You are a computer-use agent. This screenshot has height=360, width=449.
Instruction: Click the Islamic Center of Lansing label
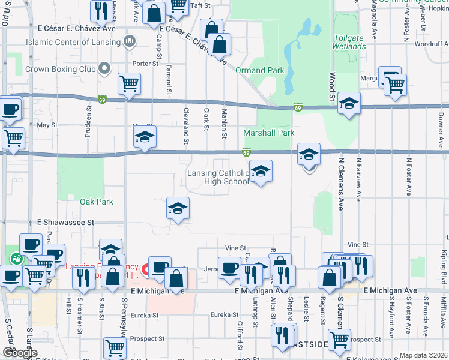click(x=73, y=42)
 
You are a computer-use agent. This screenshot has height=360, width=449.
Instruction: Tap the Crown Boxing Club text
click(x=61, y=69)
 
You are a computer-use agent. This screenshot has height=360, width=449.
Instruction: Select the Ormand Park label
click(x=259, y=70)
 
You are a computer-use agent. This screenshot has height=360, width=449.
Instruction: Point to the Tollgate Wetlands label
click(x=348, y=43)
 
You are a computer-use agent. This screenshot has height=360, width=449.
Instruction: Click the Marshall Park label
click(x=269, y=133)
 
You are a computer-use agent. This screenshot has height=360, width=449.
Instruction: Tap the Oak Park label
click(x=97, y=202)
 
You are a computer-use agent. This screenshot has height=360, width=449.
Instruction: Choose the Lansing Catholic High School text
click(x=217, y=177)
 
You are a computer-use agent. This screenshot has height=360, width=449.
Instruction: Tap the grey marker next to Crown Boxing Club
click(x=106, y=68)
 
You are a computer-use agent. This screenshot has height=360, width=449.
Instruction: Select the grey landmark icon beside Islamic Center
click(x=129, y=41)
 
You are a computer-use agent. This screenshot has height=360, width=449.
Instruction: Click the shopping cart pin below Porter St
click(x=129, y=85)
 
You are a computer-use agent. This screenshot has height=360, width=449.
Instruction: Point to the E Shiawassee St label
click(x=65, y=222)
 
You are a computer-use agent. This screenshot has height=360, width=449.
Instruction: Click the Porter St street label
click(x=145, y=63)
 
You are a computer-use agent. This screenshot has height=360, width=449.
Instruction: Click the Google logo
click(x=20, y=353)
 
